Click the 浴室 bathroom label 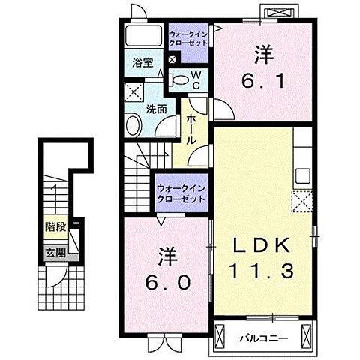pyautogui.click(x=143, y=64)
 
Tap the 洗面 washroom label pyautogui.click(x=155, y=107)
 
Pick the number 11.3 pyautogui.click(x=262, y=271)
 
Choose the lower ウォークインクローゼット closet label pyautogui.click(x=181, y=193)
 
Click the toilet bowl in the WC pyautogui.click(x=178, y=79)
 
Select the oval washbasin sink pyautogui.click(x=135, y=125)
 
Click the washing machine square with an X pyautogui.click(x=134, y=94)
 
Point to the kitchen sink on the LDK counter pyautogui.click(x=304, y=177)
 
